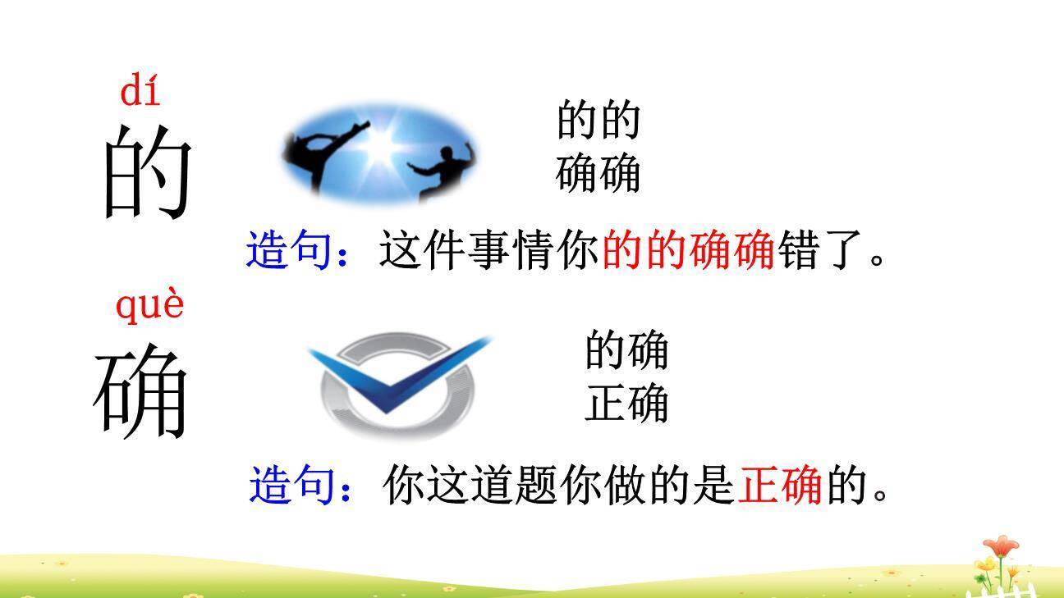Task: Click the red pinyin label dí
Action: (140, 90)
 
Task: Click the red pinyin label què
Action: (149, 306)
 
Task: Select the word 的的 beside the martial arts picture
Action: (598, 120)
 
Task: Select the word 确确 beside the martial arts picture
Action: (598, 174)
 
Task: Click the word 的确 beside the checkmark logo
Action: (626, 350)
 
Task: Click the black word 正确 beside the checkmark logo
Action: (626, 404)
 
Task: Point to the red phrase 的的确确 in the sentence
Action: (689, 250)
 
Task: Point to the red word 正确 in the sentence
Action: (781, 485)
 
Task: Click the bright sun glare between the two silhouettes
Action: (379, 146)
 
